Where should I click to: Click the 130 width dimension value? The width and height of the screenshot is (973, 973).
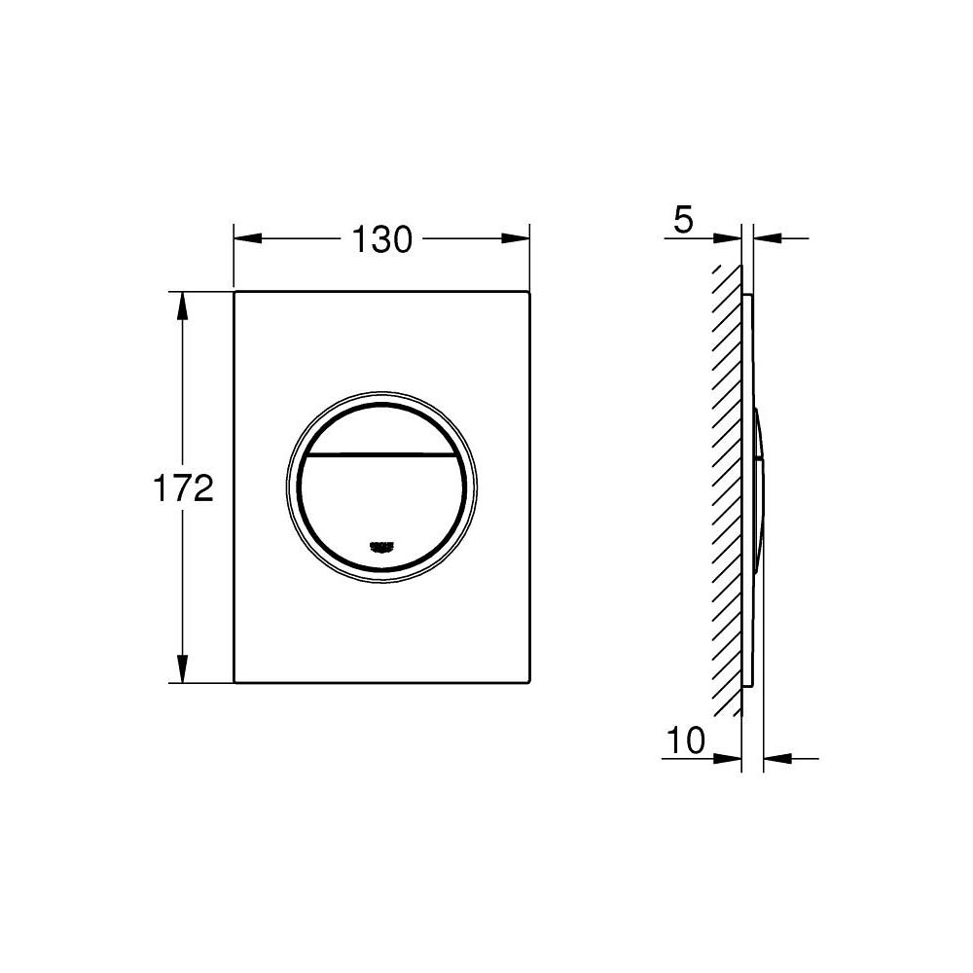click(381, 238)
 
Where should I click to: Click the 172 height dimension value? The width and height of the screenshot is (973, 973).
click(182, 487)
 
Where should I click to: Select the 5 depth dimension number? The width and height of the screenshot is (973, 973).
click(683, 221)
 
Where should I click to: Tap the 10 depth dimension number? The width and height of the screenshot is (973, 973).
click(686, 741)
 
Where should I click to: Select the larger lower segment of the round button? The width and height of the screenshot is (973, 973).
click(381, 506)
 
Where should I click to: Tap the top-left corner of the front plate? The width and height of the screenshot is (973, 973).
click(235, 291)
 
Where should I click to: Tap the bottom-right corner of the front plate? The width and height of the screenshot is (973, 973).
click(529, 682)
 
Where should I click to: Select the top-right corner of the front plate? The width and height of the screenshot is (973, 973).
click(529, 291)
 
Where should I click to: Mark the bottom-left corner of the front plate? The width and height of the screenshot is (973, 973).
click(235, 682)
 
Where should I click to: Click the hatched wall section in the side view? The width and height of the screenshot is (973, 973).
click(726, 486)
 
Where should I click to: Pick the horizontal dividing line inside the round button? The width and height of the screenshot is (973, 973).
click(381, 454)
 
